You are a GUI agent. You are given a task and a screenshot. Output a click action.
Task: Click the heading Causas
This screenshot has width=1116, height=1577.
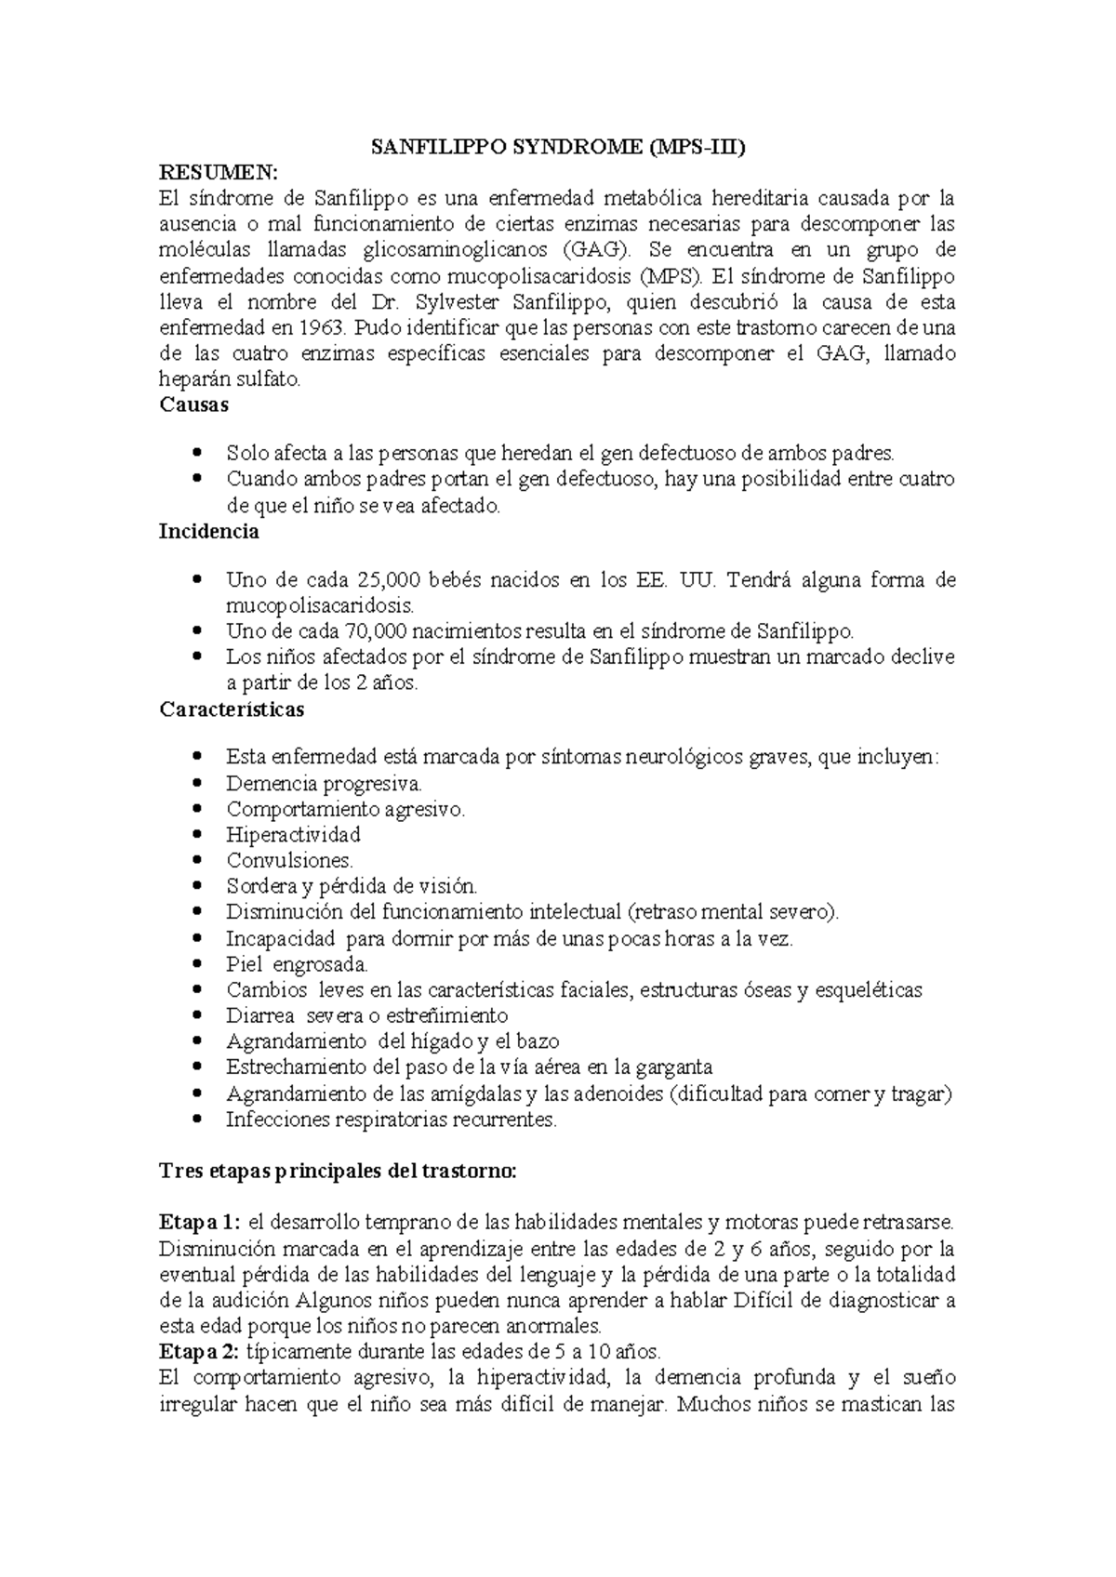point(194,405)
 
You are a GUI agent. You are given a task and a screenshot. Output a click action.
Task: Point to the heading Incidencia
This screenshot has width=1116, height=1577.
point(209,532)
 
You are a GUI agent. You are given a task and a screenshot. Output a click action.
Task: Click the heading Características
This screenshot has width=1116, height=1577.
point(232,709)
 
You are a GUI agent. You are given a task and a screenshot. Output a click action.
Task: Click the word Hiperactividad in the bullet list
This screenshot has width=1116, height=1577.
point(293,835)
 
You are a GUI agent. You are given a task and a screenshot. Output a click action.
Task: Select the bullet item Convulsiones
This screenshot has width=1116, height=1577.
point(289,861)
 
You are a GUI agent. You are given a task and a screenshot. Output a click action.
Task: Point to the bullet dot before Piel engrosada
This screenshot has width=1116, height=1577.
point(195,964)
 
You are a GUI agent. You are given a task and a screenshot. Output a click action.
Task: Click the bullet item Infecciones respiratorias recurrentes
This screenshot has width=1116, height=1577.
point(391,1120)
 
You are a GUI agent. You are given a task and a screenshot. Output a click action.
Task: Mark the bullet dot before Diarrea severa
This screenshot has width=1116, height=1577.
point(195,1015)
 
